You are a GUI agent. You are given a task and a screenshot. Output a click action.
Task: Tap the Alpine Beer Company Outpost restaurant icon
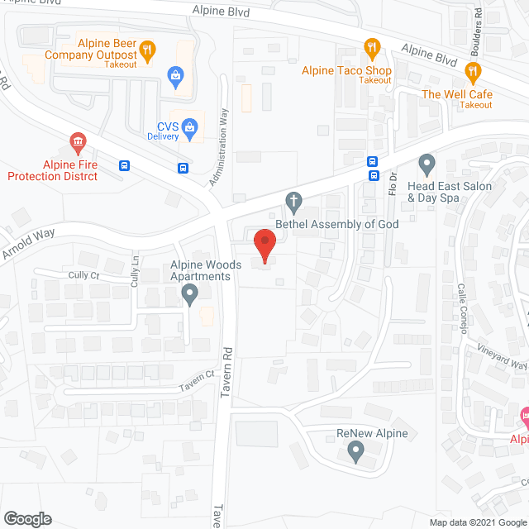tap(147, 50)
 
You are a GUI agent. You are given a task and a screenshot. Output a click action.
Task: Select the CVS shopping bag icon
tap(190, 127)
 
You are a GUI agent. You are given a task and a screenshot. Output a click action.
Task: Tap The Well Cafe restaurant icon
tap(473, 74)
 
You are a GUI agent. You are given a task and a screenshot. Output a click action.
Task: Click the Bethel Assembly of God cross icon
tap(293, 200)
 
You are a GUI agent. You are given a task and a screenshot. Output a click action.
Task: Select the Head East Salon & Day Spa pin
tap(427, 163)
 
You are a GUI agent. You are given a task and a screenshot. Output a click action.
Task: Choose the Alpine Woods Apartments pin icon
tap(190, 293)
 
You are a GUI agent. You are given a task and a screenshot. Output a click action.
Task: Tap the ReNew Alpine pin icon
tap(355, 450)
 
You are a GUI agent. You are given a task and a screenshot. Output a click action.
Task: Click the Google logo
tap(27, 519)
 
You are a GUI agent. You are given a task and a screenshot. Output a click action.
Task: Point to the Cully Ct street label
tap(84, 274)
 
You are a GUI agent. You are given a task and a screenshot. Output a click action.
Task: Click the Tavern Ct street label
tap(199, 375)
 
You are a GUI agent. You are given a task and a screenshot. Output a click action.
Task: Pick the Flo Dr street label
tap(393, 183)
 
